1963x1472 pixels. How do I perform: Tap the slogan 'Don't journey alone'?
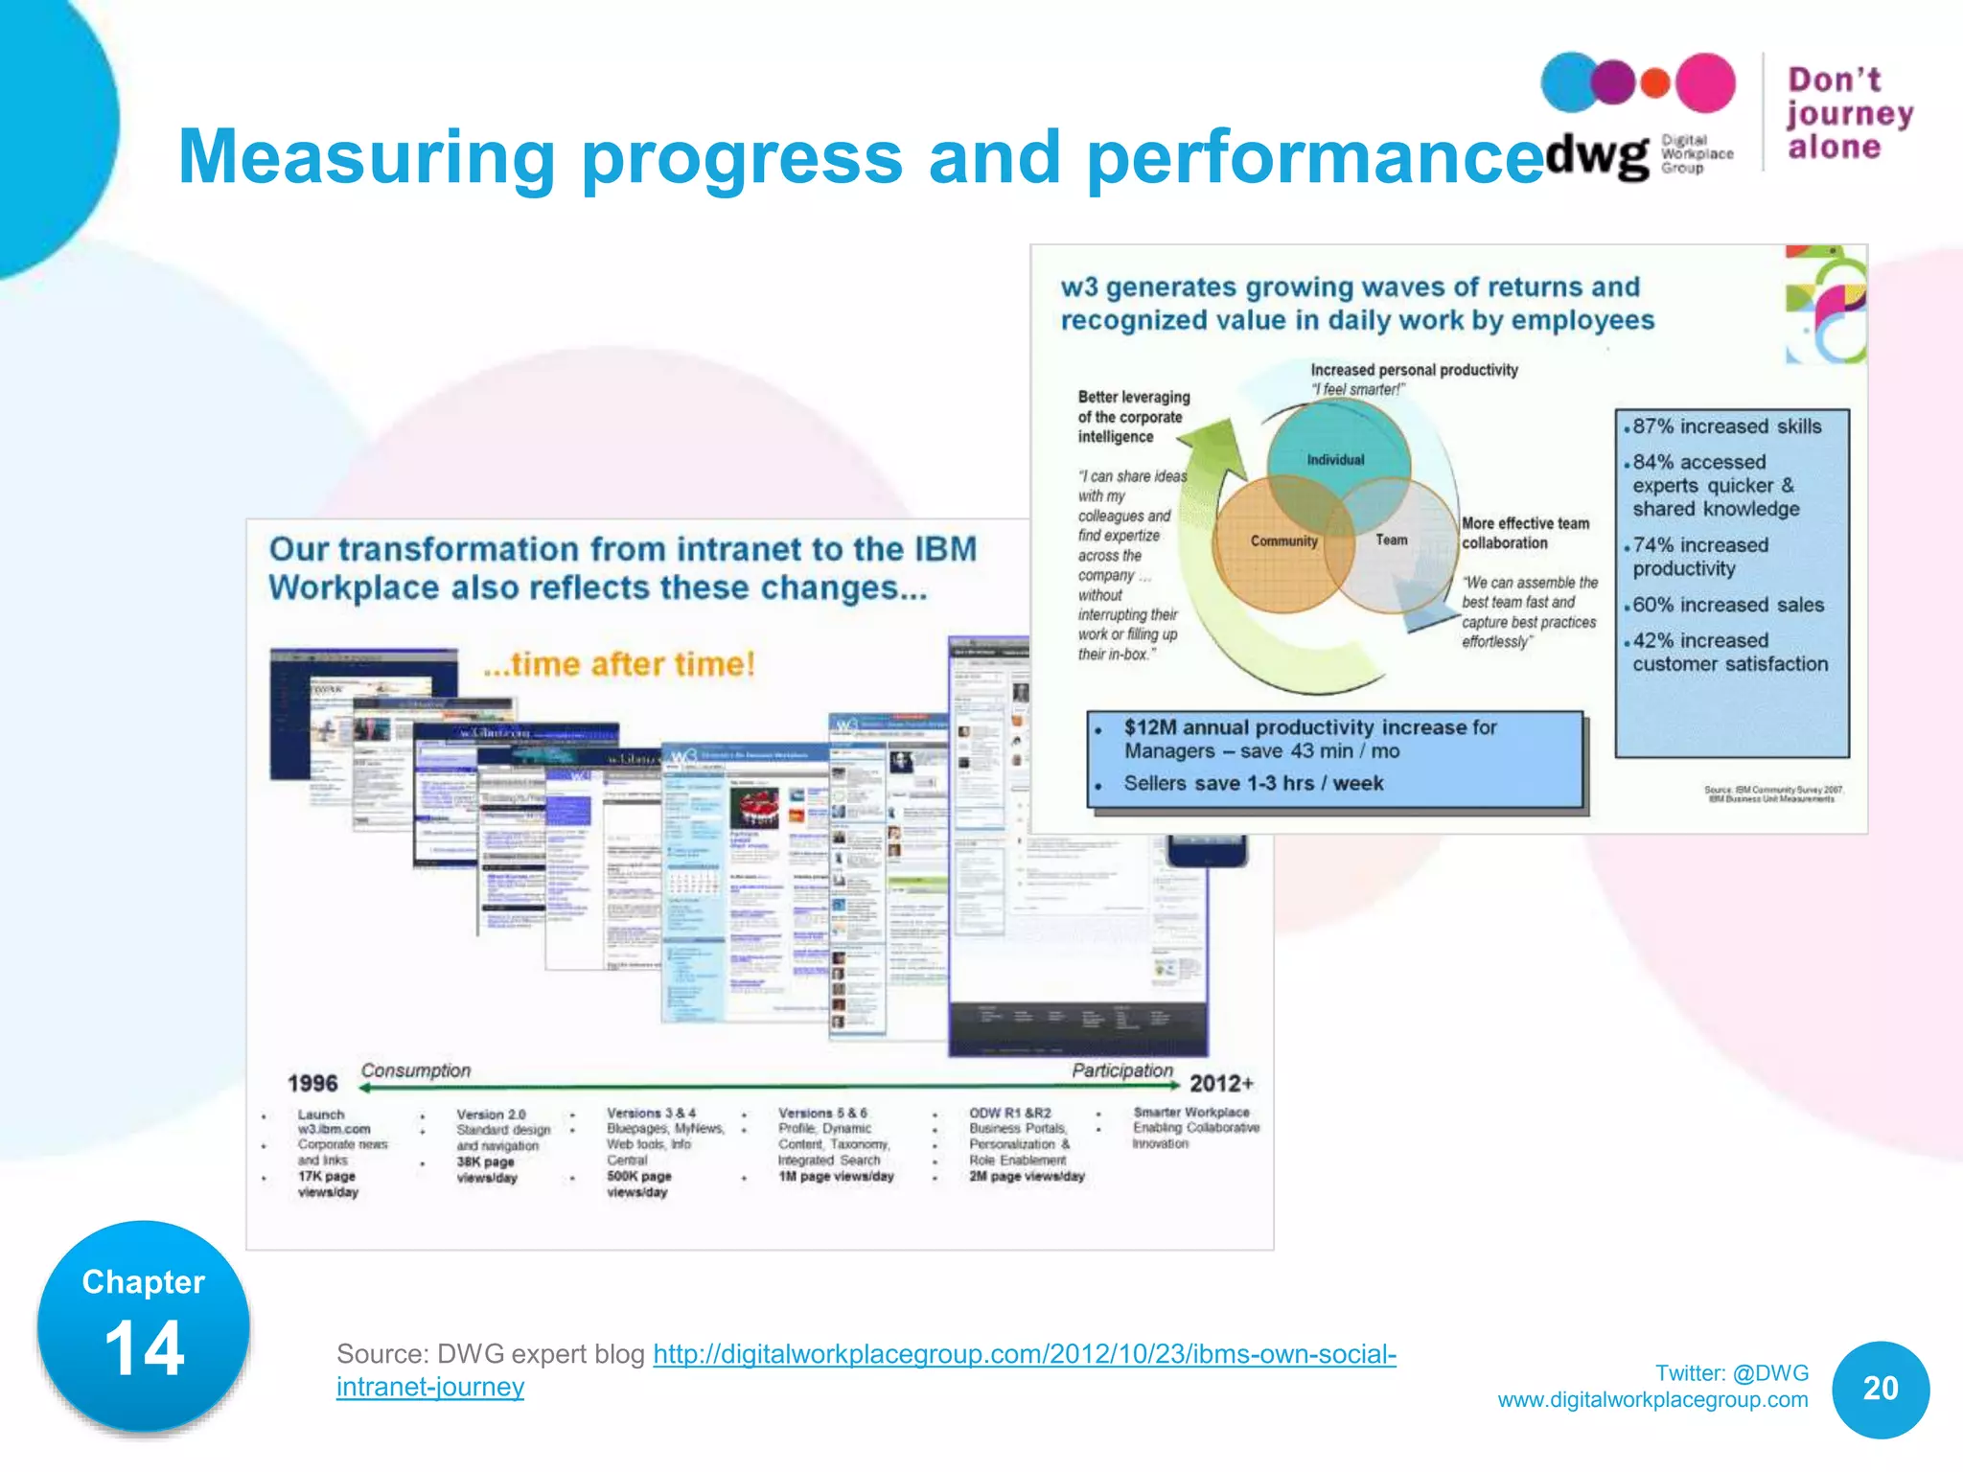[x=1848, y=113]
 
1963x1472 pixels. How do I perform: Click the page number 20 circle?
[x=1880, y=1389]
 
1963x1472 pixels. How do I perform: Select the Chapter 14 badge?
[x=144, y=1327]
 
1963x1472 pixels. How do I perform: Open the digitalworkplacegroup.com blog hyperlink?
[x=1024, y=1355]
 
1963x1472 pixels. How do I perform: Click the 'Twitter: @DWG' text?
[x=1731, y=1373]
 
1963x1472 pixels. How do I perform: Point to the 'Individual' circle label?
[x=1335, y=460]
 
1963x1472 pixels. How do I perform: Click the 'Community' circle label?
[x=1283, y=541]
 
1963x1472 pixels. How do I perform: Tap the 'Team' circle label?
[x=1391, y=540]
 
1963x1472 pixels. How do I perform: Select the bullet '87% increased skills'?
[x=1726, y=426]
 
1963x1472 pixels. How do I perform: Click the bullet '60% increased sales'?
[x=1727, y=606]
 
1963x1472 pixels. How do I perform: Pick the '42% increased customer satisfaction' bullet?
[x=1729, y=653]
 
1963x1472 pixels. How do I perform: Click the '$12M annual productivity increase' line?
[x=1309, y=728]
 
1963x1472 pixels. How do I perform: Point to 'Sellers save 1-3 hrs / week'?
[x=1253, y=784]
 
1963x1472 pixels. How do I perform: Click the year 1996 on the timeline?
[x=312, y=1084]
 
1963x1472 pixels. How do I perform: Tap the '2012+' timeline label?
[x=1221, y=1084]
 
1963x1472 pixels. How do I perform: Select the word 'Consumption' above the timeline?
[x=416, y=1070]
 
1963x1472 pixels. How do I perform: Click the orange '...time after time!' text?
[x=619, y=664]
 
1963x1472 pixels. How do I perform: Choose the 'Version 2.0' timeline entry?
[x=491, y=1115]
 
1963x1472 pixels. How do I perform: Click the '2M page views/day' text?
[x=1027, y=1176]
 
